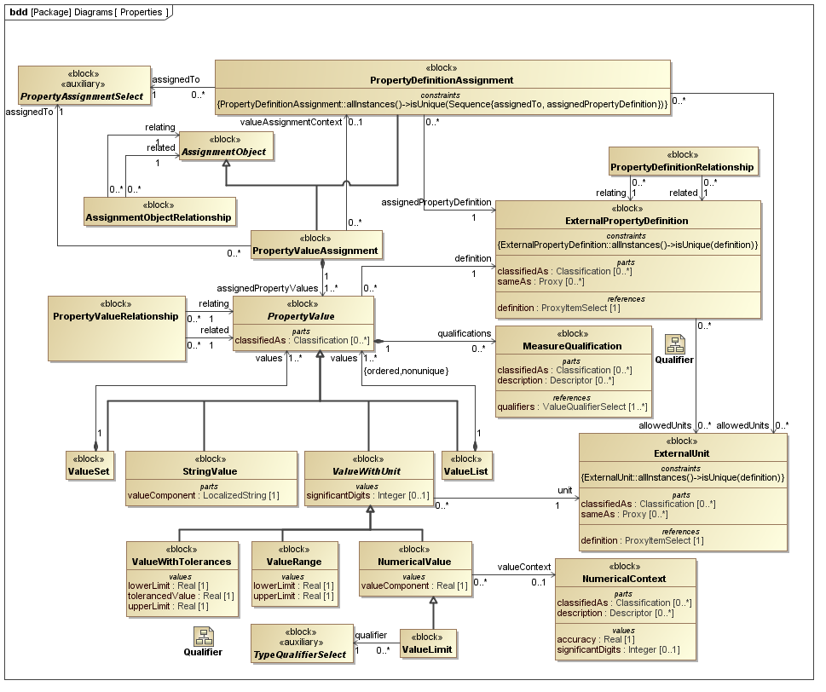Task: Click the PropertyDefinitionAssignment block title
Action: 442,80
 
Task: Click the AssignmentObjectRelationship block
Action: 159,211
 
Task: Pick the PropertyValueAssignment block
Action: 316,245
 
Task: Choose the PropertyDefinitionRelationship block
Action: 682,161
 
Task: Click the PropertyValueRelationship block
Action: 116,322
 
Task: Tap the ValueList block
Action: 466,465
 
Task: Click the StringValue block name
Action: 210,471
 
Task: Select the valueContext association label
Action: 523,567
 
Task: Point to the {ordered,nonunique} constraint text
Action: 406,370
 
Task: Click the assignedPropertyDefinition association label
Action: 436,202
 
